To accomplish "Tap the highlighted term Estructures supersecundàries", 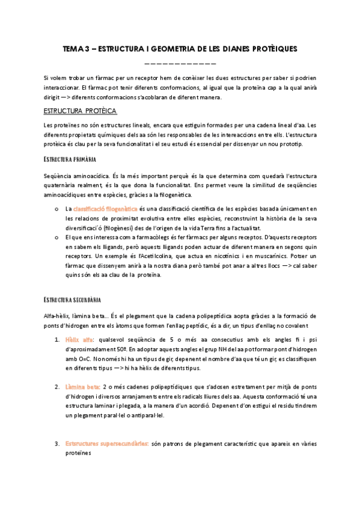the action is pos(107,443).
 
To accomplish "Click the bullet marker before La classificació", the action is pos(55,209).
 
